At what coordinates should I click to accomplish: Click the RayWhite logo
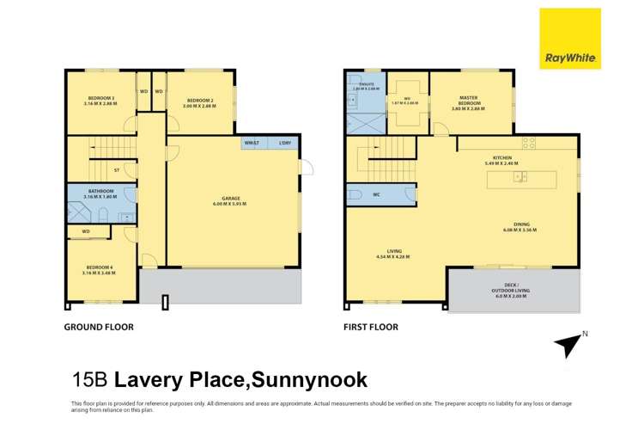point(569,39)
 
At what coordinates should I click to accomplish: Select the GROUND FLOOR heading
point(100,327)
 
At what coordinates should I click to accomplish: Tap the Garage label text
point(231,201)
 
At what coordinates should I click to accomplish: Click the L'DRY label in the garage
point(284,143)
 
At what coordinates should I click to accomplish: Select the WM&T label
point(252,143)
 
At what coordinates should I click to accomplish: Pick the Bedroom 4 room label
point(100,270)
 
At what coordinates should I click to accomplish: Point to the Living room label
point(393,253)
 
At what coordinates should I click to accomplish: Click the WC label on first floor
point(376,195)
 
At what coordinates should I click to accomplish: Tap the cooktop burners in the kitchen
point(529,143)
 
